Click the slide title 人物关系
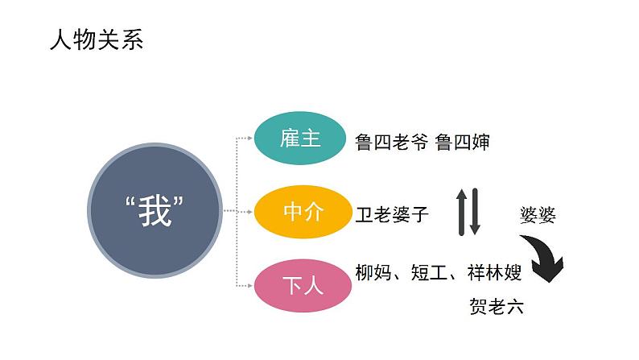96,41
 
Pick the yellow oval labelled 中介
302,212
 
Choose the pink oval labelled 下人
302,285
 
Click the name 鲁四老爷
392,143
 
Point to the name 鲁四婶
463,143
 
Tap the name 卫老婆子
392,214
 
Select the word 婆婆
538,215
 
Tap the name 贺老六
496,307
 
